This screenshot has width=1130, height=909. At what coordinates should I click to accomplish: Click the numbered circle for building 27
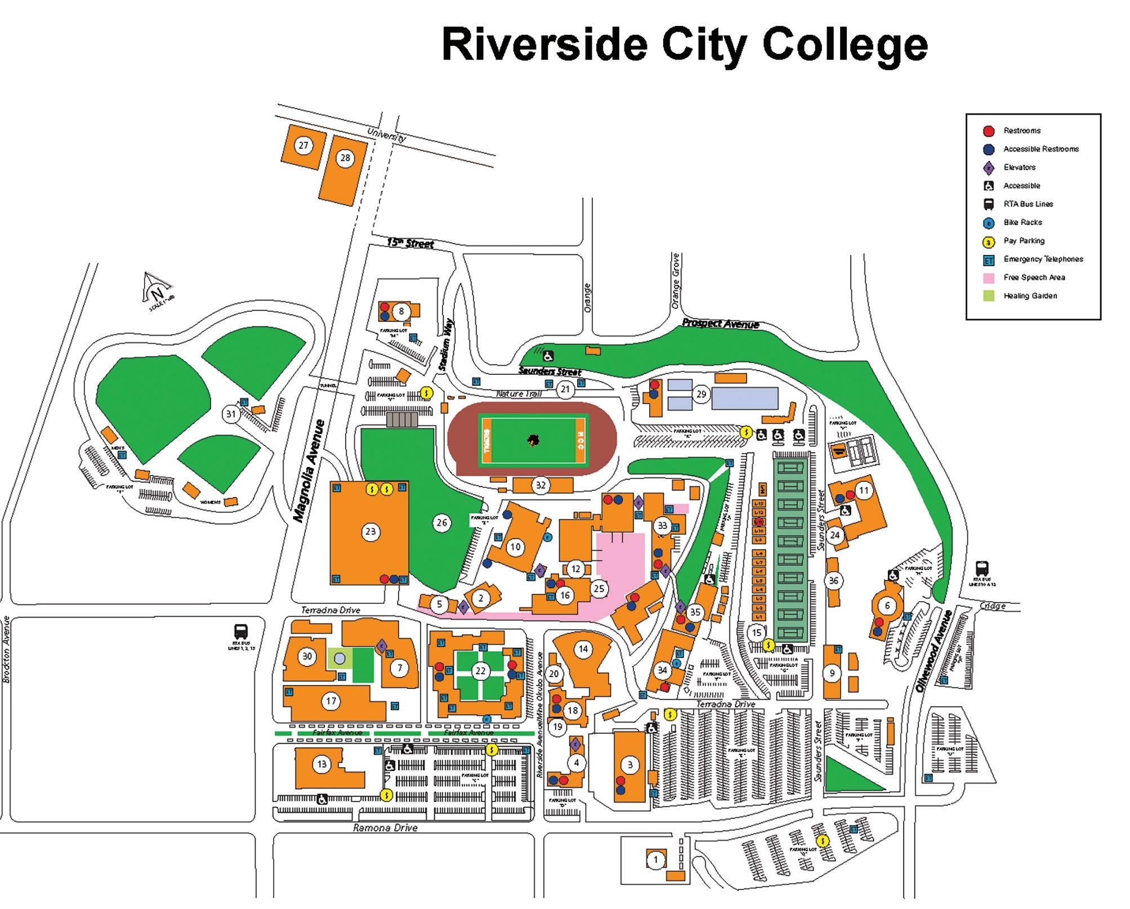303,146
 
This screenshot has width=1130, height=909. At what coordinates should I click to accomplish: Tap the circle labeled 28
345,158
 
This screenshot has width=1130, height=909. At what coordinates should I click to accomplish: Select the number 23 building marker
370,531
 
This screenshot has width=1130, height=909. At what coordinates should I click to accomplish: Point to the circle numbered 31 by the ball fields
231,414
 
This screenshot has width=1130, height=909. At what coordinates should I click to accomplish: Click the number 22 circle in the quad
480,671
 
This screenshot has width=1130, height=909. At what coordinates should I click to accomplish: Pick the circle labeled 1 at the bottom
655,859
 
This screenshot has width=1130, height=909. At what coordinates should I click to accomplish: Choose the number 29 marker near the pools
701,394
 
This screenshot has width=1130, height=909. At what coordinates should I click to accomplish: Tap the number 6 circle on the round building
887,606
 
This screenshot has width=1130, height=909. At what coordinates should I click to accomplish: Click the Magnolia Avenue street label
309,471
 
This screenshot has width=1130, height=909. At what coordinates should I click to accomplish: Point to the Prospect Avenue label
720,324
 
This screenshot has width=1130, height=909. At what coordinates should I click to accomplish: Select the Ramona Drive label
385,828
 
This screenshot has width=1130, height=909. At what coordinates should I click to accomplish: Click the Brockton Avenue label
7,650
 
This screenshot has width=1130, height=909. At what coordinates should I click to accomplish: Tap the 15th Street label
410,243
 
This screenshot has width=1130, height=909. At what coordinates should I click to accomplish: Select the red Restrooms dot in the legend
989,131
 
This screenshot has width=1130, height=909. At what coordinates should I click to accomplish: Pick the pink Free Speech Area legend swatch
989,278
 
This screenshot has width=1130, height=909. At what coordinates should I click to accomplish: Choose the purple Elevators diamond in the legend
989,168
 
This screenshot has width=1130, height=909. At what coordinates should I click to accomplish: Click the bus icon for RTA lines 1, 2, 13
241,632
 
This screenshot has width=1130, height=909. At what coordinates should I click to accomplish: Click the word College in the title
845,45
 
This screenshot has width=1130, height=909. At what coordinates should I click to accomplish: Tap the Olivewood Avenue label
933,651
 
